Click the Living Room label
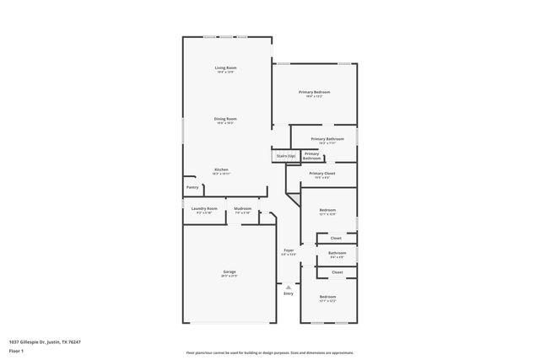(x=225, y=67)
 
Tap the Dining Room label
(x=225, y=119)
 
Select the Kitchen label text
(x=221, y=169)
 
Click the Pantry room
(x=192, y=188)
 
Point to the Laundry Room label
(x=204, y=208)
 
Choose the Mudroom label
(x=243, y=208)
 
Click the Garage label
(x=229, y=271)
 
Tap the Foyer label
(x=289, y=250)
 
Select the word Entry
(x=289, y=293)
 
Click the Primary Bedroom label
(x=314, y=92)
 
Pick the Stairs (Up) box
(x=285, y=156)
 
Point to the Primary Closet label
(x=322, y=174)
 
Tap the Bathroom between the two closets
(x=337, y=253)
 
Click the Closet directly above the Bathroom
(x=336, y=239)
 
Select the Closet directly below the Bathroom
(x=337, y=272)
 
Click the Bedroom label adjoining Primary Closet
(x=327, y=210)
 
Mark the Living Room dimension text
(x=225, y=73)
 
